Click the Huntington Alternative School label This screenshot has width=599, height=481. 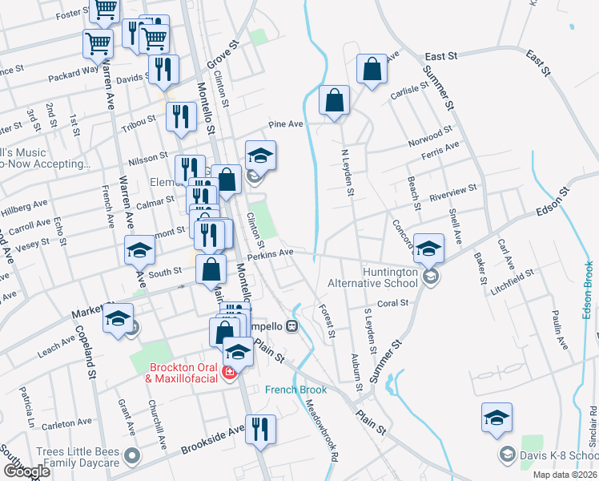point(372,277)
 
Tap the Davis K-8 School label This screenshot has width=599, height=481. point(558,455)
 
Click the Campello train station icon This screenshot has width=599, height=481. point(293,326)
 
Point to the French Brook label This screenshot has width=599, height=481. point(296,390)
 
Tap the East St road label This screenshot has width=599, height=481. point(440,57)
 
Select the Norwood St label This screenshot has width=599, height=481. point(431,134)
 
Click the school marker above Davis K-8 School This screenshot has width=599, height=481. point(496,418)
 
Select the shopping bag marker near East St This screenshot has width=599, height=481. point(372,70)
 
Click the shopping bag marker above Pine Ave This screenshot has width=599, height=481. point(334,101)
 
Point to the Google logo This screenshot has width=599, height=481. point(27,471)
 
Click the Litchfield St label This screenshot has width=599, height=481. point(513,275)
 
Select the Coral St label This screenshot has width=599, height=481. point(392,303)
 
